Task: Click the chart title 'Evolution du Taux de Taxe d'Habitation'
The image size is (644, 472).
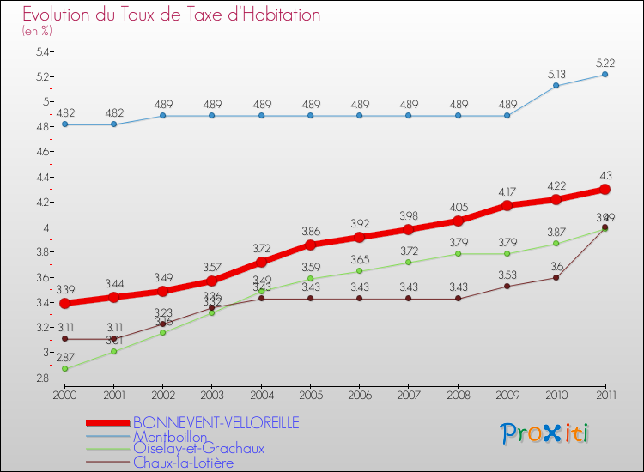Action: click(172, 15)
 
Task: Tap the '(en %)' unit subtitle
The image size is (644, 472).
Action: click(37, 31)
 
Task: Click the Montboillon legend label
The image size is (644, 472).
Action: click(170, 436)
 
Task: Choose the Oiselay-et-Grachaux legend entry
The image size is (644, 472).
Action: click(198, 449)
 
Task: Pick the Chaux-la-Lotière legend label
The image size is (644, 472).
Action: click(183, 463)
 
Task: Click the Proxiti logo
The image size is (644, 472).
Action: click(545, 433)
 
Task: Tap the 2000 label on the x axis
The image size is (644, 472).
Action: click(64, 394)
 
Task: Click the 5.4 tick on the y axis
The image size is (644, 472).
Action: click(42, 52)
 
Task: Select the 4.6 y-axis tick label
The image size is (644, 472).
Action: click(42, 152)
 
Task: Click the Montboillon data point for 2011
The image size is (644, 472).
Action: click(605, 75)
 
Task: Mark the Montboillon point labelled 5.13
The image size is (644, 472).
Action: click(556, 86)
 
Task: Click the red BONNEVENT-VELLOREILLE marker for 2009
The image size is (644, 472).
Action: click(507, 205)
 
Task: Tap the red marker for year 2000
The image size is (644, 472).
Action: click(64, 303)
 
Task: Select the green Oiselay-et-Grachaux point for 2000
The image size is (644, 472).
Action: click(64, 368)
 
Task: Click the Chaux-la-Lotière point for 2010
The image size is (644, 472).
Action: click(556, 277)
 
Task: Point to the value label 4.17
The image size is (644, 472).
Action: click(507, 191)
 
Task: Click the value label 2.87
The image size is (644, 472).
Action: click(65, 357)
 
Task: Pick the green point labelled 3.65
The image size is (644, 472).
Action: click(359, 271)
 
